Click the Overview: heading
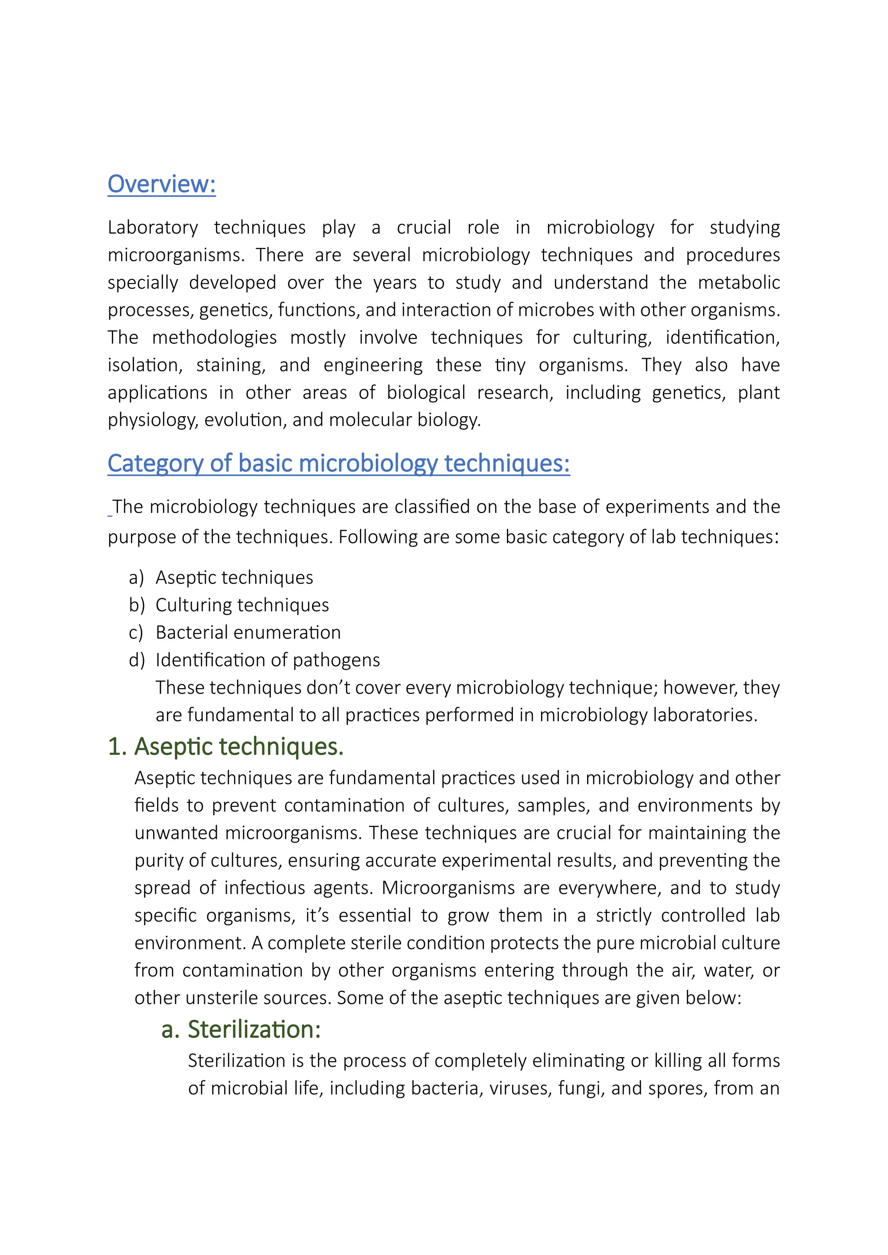click(x=161, y=184)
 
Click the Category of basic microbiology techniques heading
click(x=339, y=464)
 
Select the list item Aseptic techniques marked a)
click(x=234, y=578)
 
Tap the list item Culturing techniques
click(x=242, y=605)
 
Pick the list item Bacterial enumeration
click(x=248, y=632)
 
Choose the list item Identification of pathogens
click(x=268, y=660)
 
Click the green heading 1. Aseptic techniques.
click(x=225, y=747)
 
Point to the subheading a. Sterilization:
click(x=241, y=1029)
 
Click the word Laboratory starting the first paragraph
click(x=153, y=228)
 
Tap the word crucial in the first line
click(x=424, y=228)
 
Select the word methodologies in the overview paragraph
click(x=214, y=337)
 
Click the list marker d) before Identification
click(x=137, y=660)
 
